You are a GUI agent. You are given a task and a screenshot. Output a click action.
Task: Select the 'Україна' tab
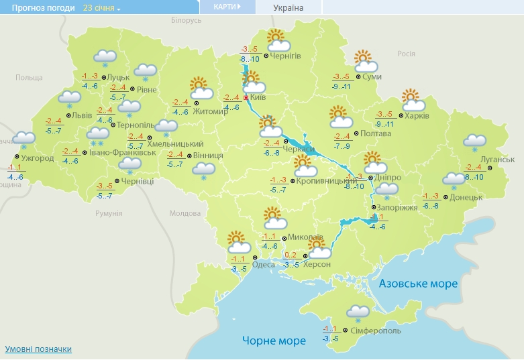tap(289, 8)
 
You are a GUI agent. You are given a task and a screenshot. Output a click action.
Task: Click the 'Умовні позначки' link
tap(38, 349)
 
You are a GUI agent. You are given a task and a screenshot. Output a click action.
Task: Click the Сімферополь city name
tap(376, 331)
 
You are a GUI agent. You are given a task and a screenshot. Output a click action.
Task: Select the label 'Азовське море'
tap(419, 284)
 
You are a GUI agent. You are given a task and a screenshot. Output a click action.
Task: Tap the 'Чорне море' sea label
tap(274, 341)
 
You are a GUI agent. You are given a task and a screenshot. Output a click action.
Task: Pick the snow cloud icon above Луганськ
tap(475, 143)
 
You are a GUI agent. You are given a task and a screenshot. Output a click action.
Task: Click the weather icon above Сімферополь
tap(358, 312)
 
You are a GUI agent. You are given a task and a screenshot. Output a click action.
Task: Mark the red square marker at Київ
tap(246, 98)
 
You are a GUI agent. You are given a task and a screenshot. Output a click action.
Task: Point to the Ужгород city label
tap(34, 158)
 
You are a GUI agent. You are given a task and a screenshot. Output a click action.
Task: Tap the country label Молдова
tap(181, 213)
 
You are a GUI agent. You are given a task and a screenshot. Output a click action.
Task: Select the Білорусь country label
tap(186, 21)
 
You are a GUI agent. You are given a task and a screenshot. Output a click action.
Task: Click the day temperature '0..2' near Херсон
tap(291, 255)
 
